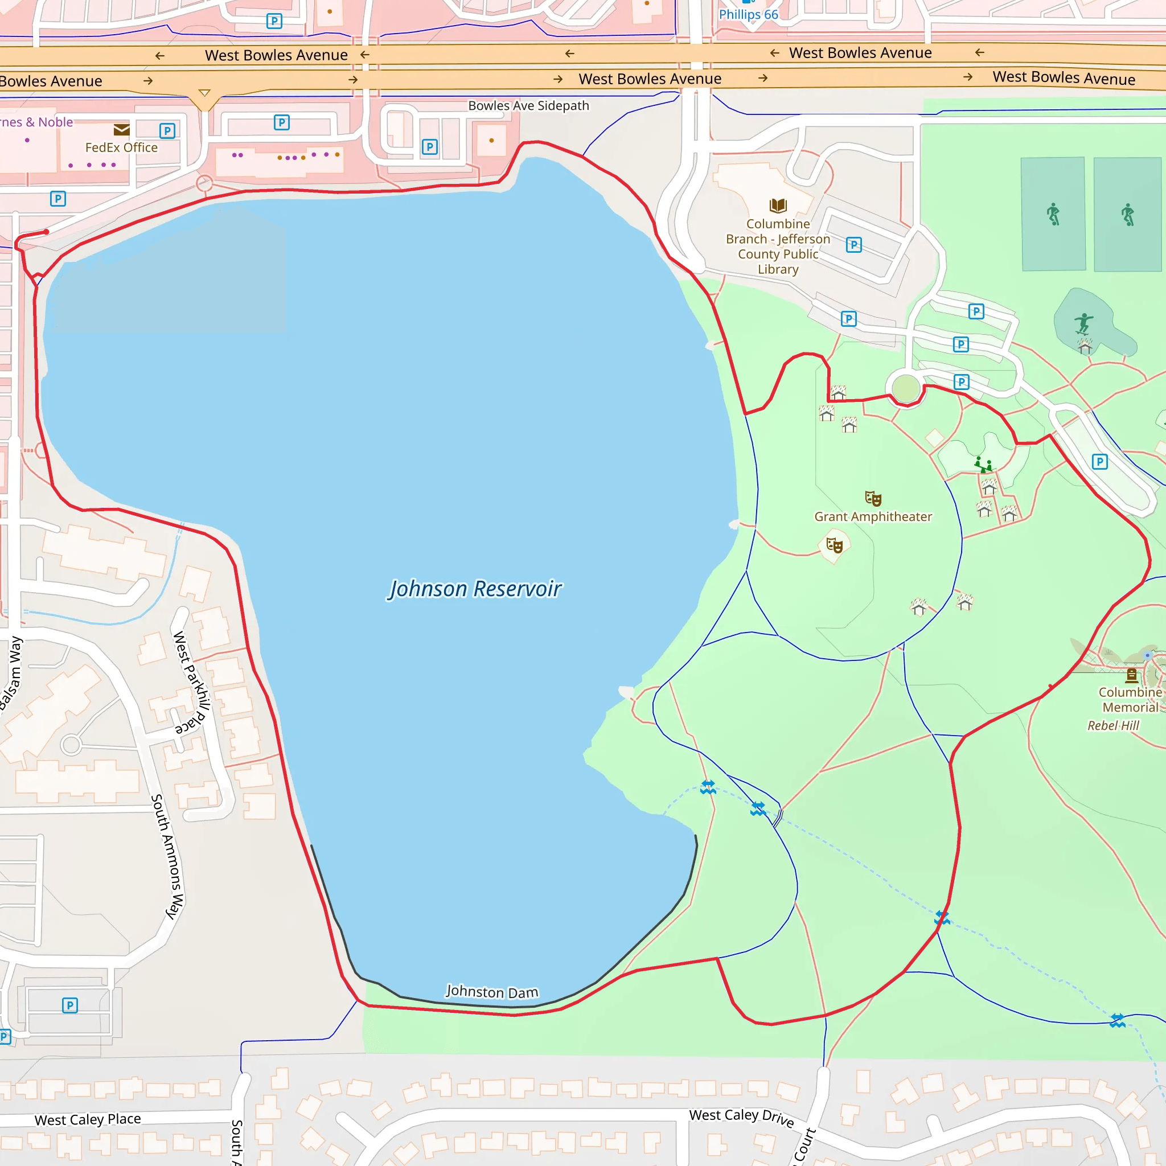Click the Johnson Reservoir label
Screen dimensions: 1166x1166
(x=475, y=589)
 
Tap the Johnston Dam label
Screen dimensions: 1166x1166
(x=492, y=992)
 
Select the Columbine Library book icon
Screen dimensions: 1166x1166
(x=778, y=205)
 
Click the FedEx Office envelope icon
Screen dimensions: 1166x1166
(x=121, y=130)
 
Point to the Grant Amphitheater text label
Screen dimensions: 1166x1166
(x=873, y=516)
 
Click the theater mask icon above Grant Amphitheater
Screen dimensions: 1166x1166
(x=873, y=499)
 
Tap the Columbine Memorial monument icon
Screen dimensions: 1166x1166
(x=1132, y=675)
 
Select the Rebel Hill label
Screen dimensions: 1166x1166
(x=1113, y=725)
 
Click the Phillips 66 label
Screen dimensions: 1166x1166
(x=748, y=14)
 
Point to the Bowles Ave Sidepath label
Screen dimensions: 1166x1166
(x=528, y=106)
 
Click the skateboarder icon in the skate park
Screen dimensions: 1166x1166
(x=1084, y=323)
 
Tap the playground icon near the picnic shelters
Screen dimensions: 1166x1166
(x=983, y=464)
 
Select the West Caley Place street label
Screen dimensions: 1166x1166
(x=88, y=1119)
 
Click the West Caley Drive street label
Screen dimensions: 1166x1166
(x=742, y=1117)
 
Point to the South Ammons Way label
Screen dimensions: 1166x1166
(x=167, y=856)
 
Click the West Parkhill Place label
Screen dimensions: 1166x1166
(x=192, y=682)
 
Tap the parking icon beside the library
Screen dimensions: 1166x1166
(x=853, y=244)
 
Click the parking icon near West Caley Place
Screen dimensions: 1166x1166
(x=70, y=1005)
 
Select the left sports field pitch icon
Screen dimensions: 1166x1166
(x=1053, y=214)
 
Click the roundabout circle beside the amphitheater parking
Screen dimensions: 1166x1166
(x=905, y=389)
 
